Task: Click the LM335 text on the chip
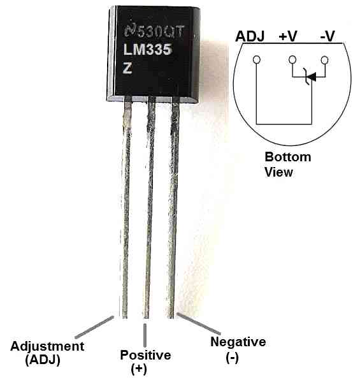pos(148,50)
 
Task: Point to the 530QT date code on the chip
pos(161,31)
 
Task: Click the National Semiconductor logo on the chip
pos(130,31)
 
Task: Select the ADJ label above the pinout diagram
pos(250,36)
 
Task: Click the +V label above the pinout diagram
pos(287,36)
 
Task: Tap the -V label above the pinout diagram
pos(328,36)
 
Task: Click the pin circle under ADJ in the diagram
pos(256,59)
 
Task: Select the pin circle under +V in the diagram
pos(292,59)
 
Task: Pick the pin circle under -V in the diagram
pos(324,60)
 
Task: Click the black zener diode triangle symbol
pos(313,77)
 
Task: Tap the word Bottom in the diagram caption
pos(287,157)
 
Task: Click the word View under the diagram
pos(278,172)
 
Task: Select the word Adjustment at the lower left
pos(47,347)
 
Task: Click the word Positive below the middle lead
pos(146,355)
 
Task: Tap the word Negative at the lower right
pos(238,342)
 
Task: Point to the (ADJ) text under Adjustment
pos(43,360)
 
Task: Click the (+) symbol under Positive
pos(139,369)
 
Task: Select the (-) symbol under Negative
pos(232,358)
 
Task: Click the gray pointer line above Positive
pos(145,335)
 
